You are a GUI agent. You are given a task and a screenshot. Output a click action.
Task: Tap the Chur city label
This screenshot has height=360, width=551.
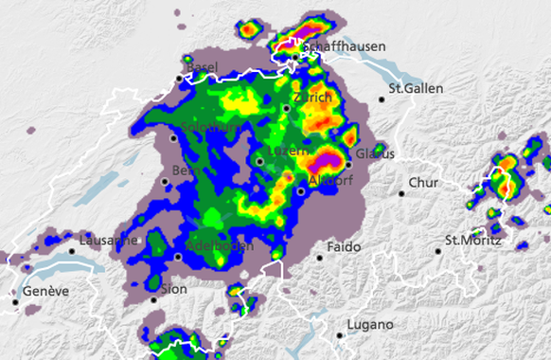tap(422, 182)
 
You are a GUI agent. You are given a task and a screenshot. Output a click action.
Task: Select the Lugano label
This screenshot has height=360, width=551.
tap(369, 325)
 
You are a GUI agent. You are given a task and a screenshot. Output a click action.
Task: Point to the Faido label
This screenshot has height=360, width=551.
tap(345, 247)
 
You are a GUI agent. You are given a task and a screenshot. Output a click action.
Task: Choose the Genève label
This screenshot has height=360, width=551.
tap(46, 291)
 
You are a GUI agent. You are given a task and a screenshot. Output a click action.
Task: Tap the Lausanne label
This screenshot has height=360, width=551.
tap(108, 241)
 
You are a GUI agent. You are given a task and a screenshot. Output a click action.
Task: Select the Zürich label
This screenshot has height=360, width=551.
tap(312, 98)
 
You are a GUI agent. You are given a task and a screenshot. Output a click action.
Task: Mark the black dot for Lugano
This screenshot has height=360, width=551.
tap(340, 335)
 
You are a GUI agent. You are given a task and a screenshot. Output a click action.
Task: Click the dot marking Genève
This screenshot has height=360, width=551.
tap(15, 302)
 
